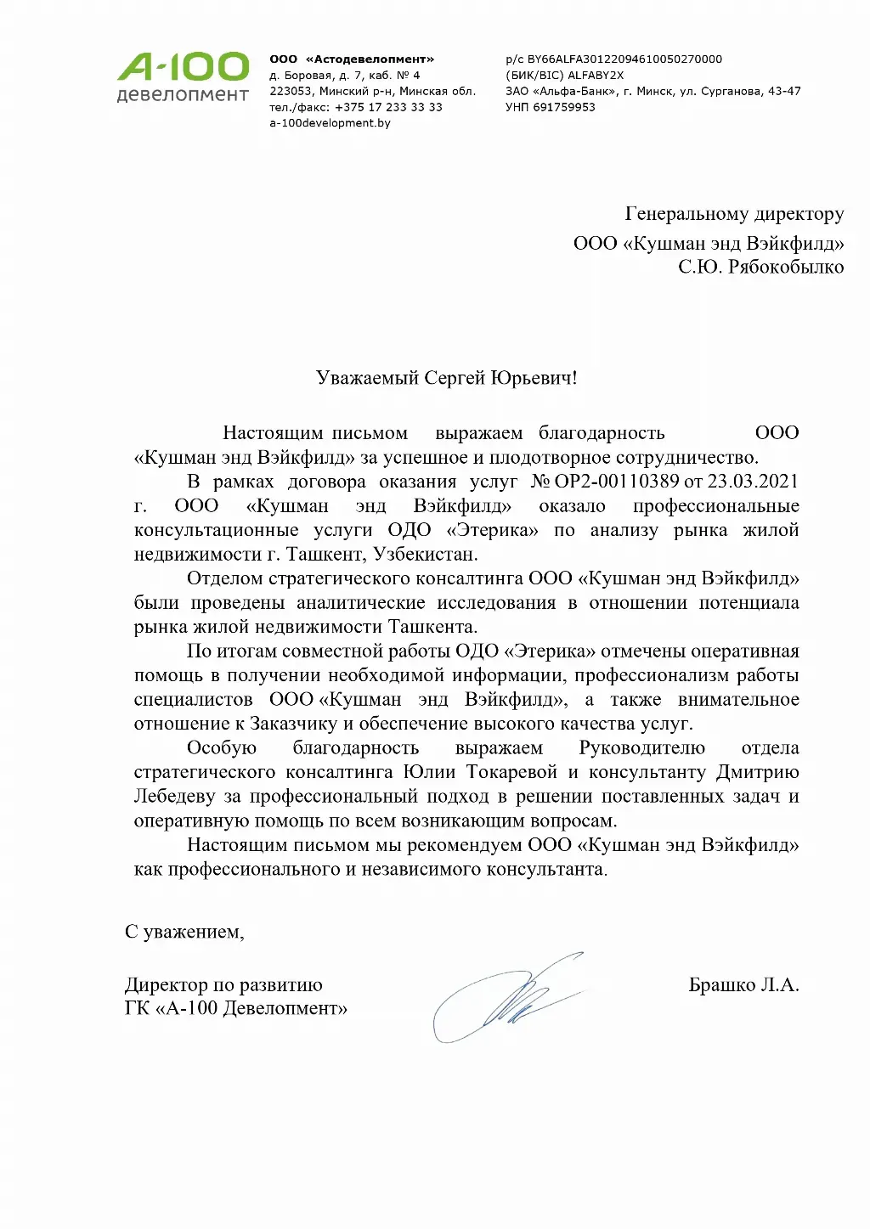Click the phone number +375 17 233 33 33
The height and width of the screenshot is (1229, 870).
click(388, 107)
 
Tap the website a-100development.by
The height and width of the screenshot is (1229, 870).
click(330, 123)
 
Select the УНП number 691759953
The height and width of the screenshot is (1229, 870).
click(563, 107)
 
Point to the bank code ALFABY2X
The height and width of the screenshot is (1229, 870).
click(596, 75)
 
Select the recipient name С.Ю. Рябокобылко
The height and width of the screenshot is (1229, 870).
click(760, 267)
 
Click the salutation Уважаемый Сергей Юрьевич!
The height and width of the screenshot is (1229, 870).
click(446, 378)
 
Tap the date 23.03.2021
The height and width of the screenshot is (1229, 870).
click(753, 482)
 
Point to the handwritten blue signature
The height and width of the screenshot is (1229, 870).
click(510, 998)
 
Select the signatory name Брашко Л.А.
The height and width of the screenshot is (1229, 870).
click(743, 985)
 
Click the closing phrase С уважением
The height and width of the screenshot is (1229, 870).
click(184, 932)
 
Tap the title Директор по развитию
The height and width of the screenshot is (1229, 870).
click(223, 985)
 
